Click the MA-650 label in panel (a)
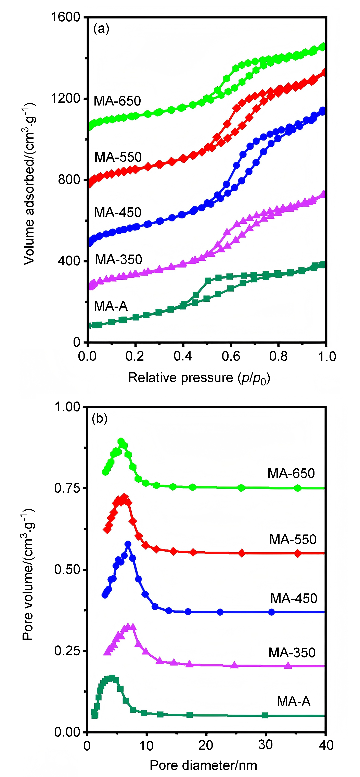tap(117, 101)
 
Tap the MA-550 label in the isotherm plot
tap(118, 157)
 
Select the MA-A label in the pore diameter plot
tap(293, 701)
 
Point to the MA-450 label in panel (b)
tap(293, 598)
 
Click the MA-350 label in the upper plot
tap(118, 259)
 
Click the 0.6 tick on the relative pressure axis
tap(231, 357)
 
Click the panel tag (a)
tap(101, 29)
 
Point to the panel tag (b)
tap(100, 419)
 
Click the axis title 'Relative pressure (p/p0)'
tap(199, 378)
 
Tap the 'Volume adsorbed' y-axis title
tap(29, 184)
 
